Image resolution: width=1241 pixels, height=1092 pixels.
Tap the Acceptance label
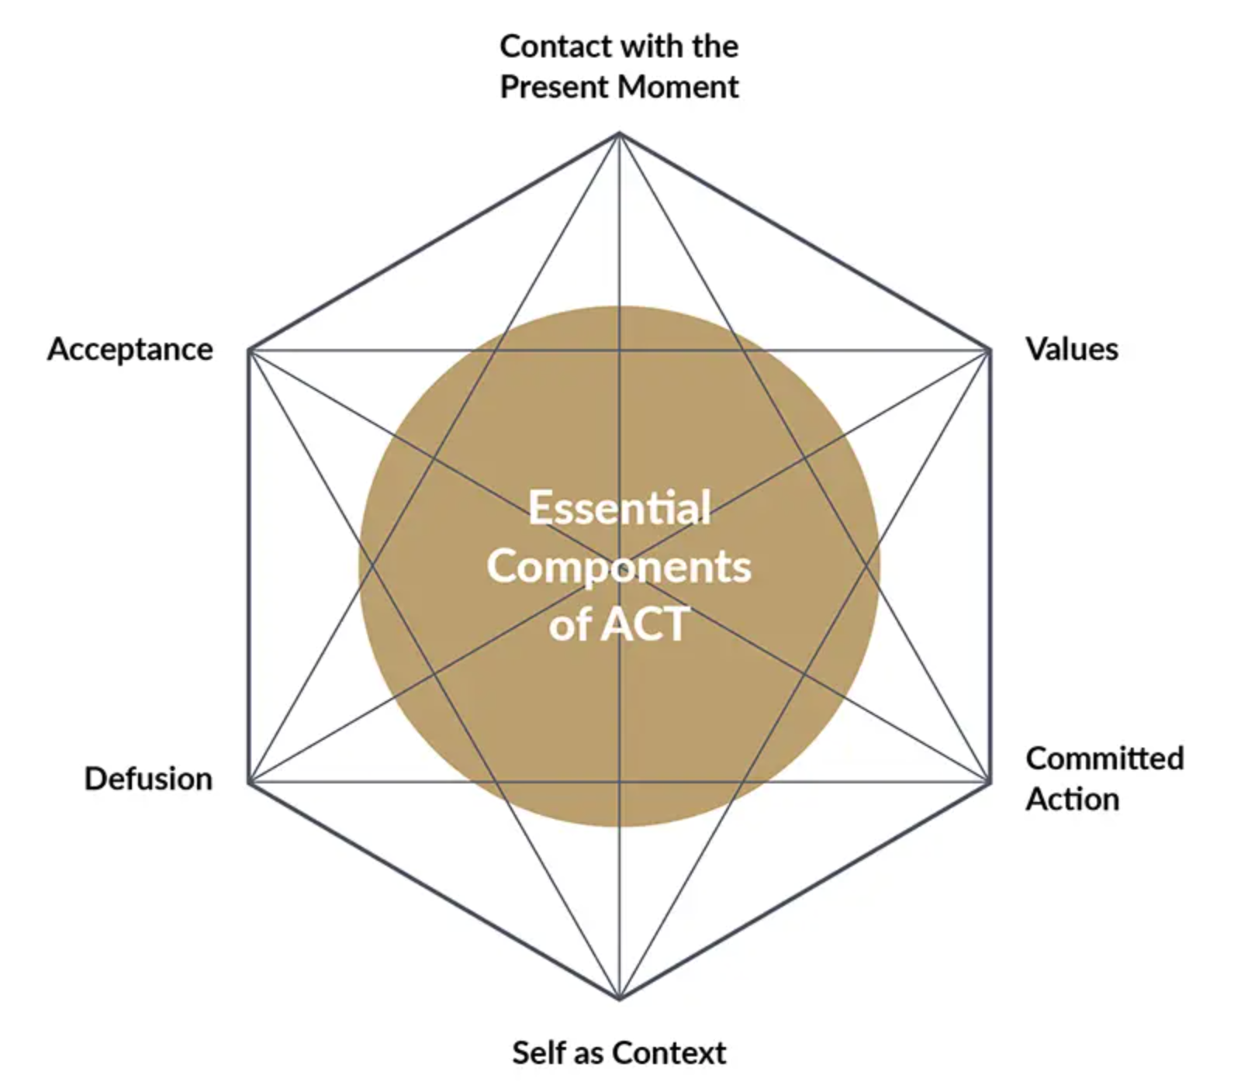[x=130, y=350]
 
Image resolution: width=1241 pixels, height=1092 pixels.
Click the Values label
[x=1072, y=349]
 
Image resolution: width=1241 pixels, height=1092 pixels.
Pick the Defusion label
[x=148, y=779]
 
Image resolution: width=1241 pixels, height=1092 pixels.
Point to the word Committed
[x=1104, y=759]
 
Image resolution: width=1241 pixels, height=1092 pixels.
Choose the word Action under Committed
[x=1073, y=799]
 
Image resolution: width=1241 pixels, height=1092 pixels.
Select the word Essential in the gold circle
[x=620, y=508]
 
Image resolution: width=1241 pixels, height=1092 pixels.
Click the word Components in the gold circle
[x=619, y=566]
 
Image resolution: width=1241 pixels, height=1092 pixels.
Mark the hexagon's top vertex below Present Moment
[x=620, y=134]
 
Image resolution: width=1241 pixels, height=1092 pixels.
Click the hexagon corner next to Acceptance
[x=249, y=351]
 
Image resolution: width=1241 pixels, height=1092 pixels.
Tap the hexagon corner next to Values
[x=990, y=351]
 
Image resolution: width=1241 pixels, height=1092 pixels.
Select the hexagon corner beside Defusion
[x=249, y=782]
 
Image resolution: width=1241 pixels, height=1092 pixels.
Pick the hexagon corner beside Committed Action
[x=990, y=782]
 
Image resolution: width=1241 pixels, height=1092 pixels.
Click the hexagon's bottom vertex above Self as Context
[x=620, y=999]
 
